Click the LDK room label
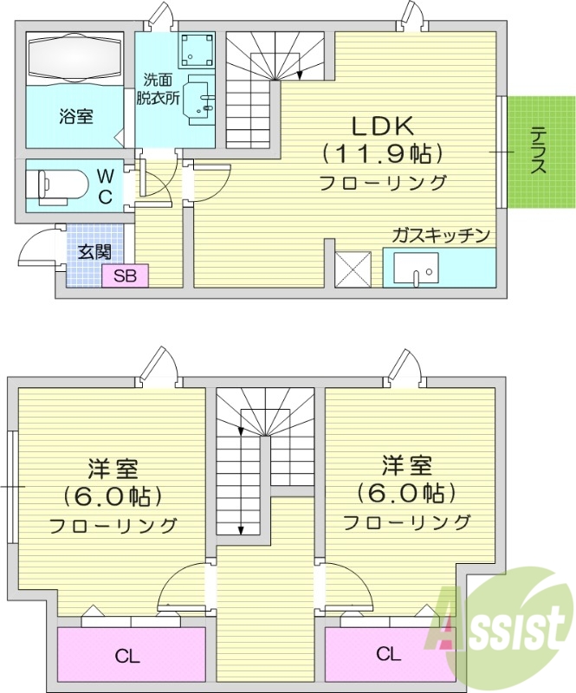point(382,125)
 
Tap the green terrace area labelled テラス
point(538,152)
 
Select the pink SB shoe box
point(125,276)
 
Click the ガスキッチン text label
point(441,235)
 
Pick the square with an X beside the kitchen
point(353,268)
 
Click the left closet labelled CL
point(130,653)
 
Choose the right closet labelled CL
point(388,653)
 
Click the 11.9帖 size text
point(382,154)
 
